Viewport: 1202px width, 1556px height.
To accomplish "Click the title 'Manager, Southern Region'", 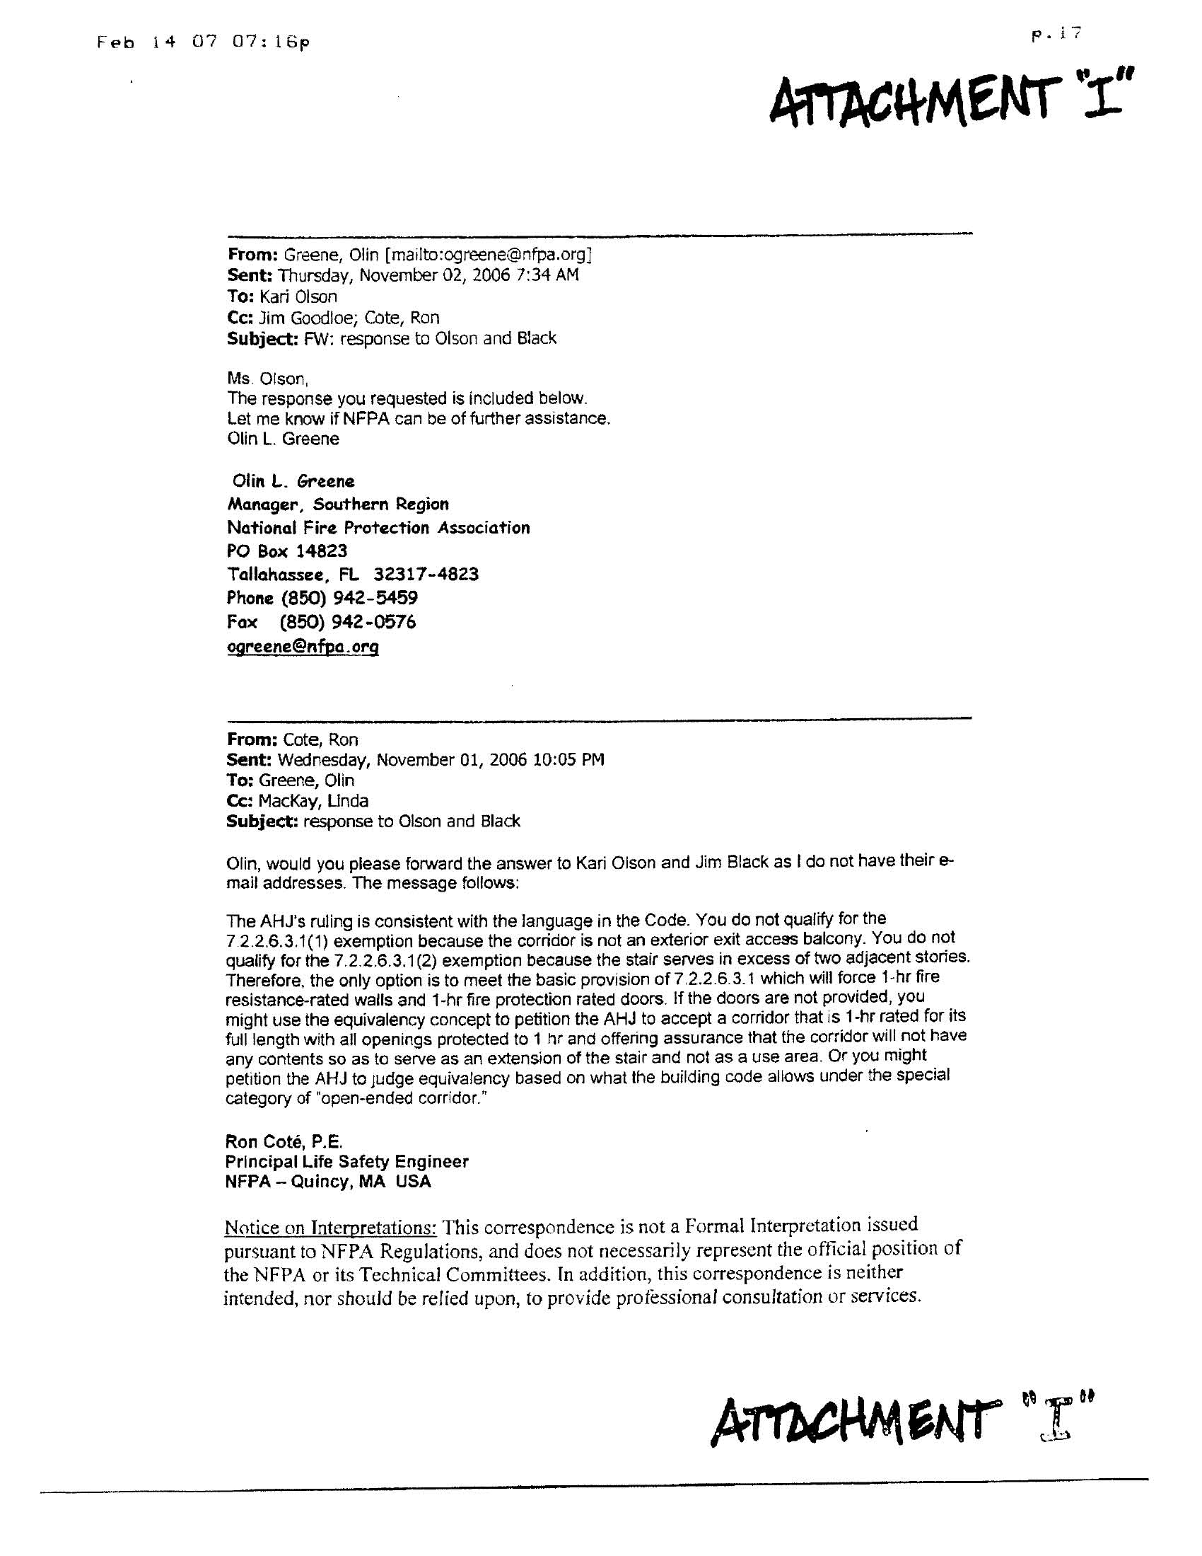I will point(337,505).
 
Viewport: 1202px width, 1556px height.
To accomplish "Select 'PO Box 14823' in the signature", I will point(287,551).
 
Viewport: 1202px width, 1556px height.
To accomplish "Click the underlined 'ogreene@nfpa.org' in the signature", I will point(303,647).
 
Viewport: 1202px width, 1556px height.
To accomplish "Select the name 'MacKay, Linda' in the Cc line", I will point(313,801).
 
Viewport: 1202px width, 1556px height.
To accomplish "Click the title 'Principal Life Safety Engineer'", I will point(346,1161).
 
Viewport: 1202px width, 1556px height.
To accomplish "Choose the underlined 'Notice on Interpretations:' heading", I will point(330,1228).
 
